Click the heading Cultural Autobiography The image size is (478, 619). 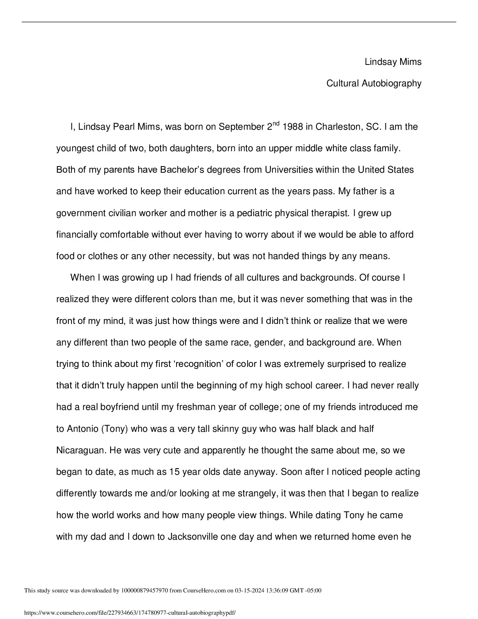(x=374, y=83)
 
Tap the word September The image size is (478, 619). (x=241, y=127)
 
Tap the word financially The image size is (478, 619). (x=77, y=235)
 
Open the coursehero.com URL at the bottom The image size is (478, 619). (x=130, y=613)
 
